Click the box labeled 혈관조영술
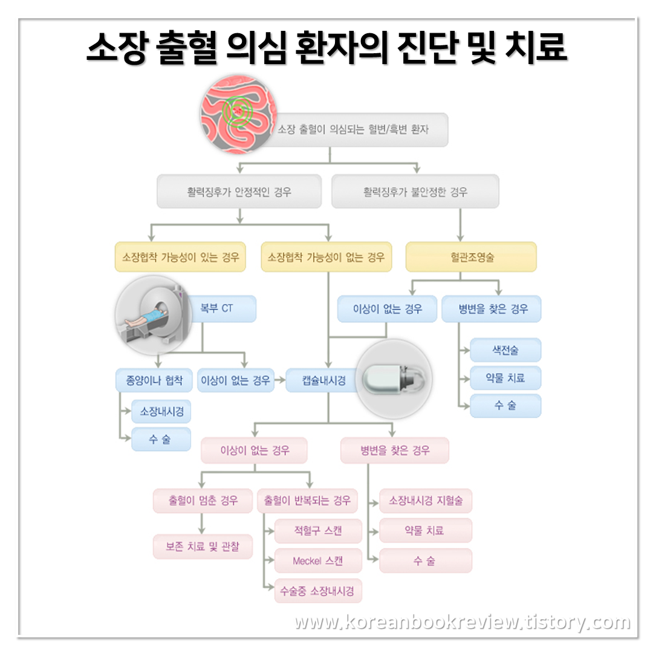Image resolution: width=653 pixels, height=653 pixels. (471, 257)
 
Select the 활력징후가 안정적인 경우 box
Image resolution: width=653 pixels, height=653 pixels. (239, 192)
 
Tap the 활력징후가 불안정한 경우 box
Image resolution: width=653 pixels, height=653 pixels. (415, 192)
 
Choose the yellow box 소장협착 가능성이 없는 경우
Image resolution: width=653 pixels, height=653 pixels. (326, 257)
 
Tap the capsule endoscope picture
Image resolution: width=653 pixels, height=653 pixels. (394, 379)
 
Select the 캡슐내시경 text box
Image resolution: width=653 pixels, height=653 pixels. (323, 381)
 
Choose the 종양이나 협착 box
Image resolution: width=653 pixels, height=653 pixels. (154, 381)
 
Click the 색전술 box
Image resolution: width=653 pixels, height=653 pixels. (505, 350)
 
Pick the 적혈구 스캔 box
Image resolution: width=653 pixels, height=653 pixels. (317, 531)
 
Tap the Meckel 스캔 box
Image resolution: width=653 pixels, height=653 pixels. (317, 561)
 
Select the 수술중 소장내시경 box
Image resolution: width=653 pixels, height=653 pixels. (317, 591)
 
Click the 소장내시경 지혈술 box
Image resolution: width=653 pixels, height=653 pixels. (425, 501)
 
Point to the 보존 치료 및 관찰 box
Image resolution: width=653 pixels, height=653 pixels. (202, 547)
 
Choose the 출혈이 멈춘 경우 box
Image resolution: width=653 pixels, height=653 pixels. (202, 501)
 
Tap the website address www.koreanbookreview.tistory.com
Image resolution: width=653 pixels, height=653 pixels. (462, 622)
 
